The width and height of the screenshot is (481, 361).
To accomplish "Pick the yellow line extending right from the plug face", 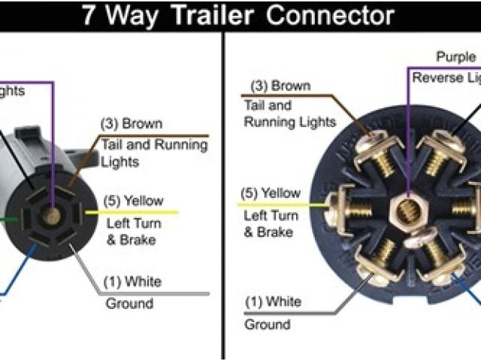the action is point(132,213).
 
